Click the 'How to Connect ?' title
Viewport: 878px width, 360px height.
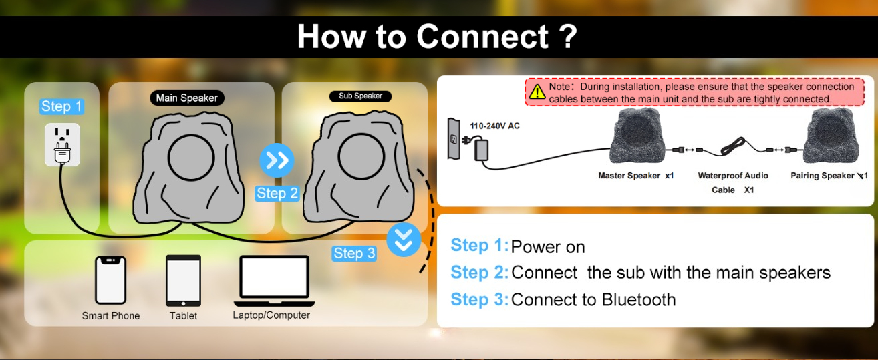(x=437, y=37)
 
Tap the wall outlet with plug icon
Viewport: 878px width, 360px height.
(x=62, y=144)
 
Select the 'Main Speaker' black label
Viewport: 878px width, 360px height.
(x=187, y=98)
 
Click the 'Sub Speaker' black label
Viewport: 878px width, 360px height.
(x=360, y=96)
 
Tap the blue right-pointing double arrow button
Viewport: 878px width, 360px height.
(x=277, y=160)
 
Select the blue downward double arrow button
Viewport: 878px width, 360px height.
(x=404, y=240)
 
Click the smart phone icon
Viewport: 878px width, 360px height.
(x=110, y=280)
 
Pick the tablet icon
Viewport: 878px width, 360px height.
(x=184, y=281)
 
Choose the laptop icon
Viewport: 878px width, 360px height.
(x=274, y=281)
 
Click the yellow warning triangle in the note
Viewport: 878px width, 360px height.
(x=537, y=92)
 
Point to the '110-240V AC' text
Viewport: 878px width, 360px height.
(x=494, y=126)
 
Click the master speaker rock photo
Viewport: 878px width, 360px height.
(x=637, y=136)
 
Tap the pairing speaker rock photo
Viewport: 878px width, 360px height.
(x=831, y=136)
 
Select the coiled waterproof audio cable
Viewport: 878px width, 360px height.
(x=733, y=146)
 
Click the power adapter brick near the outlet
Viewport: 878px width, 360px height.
(x=481, y=150)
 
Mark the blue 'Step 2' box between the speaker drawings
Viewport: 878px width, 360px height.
(x=277, y=194)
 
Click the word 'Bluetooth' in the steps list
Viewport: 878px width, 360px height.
(x=639, y=300)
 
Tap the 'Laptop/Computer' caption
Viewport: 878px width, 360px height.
(x=271, y=315)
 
